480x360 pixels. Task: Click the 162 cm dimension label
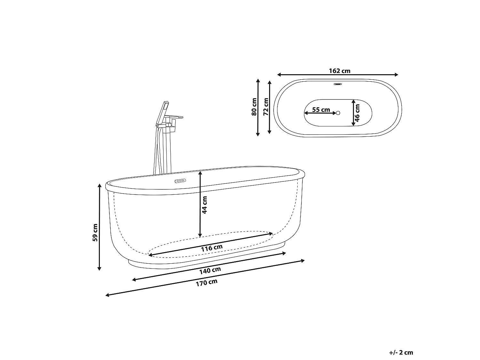340,71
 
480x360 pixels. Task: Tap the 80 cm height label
254,107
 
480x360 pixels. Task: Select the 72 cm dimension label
266,107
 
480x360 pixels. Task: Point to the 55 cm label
321,109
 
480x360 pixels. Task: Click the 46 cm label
357,113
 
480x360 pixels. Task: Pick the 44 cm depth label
204,205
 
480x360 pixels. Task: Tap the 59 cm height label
95,232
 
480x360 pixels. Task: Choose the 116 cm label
212,248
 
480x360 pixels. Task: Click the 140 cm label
210,271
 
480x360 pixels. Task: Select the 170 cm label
207,283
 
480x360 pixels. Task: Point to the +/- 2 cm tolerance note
401,352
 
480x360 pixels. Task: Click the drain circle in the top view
338,113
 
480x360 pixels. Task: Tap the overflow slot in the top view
338,84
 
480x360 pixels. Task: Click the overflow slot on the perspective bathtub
180,181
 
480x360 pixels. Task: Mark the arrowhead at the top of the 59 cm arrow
100,186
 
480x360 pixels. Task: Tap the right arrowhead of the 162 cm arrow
396,75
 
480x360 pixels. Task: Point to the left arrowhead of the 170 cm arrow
108,295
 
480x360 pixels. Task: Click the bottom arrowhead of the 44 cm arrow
200,235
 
